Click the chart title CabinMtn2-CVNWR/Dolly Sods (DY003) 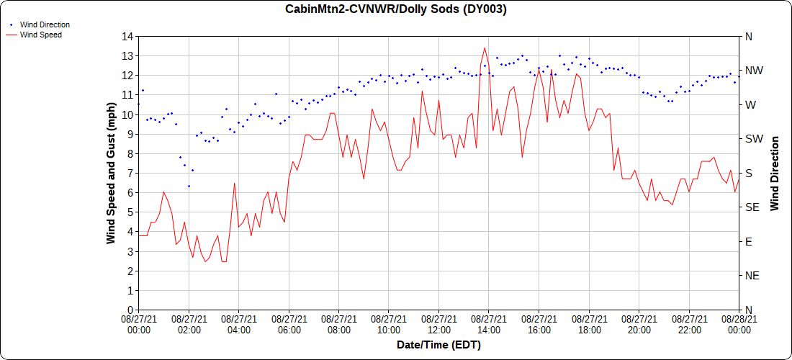tap(396, 9)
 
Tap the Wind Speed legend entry tap(40, 34)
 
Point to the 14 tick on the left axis tap(127, 36)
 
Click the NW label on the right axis tap(753, 71)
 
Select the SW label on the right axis tap(753, 139)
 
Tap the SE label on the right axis tap(752, 207)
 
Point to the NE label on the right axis tap(752, 276)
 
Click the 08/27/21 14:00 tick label tap(489, 324)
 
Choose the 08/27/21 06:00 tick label tap(289, 324)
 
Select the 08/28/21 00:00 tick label tap(739, 324)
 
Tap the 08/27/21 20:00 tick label tap(639, 324)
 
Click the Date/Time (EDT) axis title tap(438, 345)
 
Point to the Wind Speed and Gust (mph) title tap(111, 173)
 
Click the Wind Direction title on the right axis tap(775, 173)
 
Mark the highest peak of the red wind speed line tap(485, 48)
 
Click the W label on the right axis tap(750, 104)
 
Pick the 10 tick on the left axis tap(127, 114)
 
